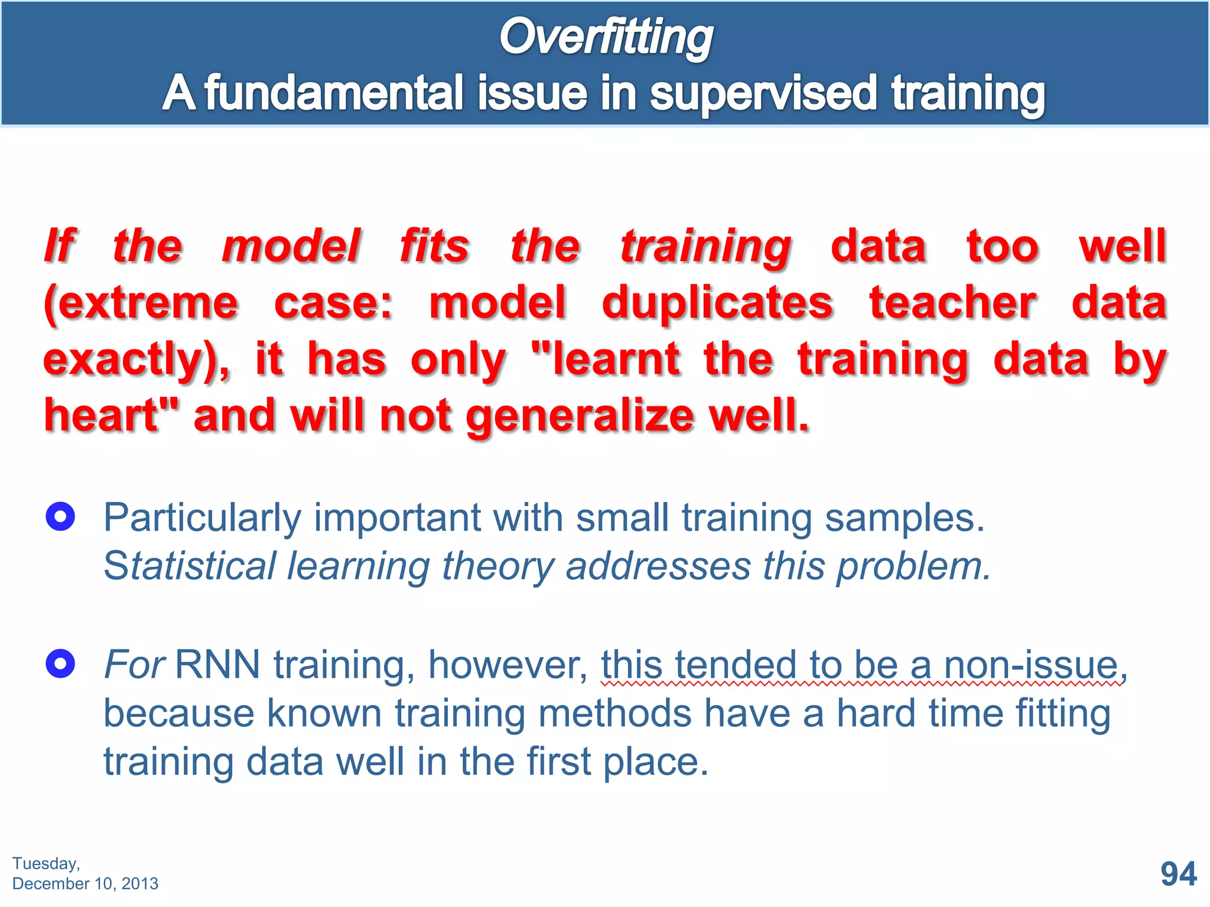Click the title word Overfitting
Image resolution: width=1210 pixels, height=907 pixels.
click(606, 37)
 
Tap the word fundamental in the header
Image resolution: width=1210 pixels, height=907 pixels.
click(334, 93)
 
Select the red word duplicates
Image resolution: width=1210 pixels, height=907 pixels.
click(717, 303)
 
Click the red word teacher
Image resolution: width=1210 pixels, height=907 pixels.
click(952, 303)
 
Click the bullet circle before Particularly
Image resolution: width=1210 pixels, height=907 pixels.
click(60, 517)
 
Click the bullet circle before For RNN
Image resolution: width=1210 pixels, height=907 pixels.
click(60, 664)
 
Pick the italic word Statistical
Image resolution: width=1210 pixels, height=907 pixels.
click(190, 566)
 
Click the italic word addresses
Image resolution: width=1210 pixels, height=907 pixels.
click(658, 566)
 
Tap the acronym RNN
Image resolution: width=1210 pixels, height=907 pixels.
click(217, 665)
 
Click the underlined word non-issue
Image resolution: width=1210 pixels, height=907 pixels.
click(1030, 665)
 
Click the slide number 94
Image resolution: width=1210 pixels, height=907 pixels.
click(1178, 874)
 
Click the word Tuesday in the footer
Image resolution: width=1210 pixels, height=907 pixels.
click(45, 863)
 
